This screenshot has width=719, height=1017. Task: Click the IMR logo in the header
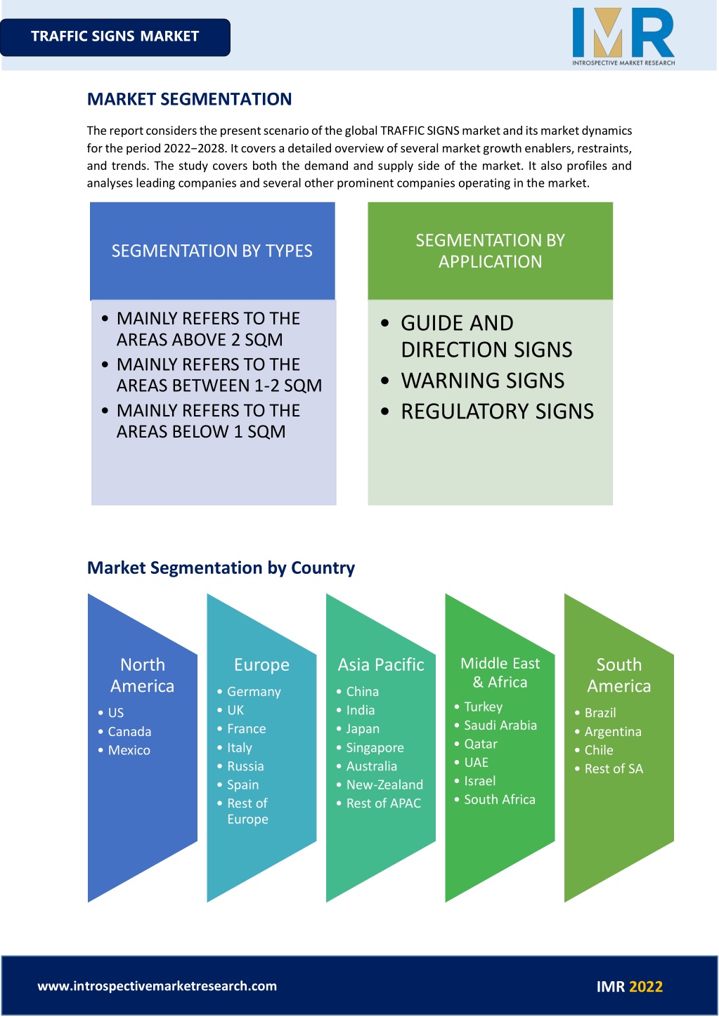click(x=623, y=37)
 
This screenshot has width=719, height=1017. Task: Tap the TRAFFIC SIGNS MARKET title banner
click(x=115, y=37)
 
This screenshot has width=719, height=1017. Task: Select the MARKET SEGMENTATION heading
click(x=189, y=99)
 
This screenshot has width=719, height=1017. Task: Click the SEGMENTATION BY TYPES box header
click(x=212, y=251)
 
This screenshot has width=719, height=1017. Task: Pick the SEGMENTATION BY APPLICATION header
click(x=490, y=251)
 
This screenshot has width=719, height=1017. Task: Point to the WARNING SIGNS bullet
click(x=482, y=381)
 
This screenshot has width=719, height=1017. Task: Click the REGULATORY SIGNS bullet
click(x=498, y=412)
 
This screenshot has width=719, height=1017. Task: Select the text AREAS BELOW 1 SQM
click(x=201, y=431)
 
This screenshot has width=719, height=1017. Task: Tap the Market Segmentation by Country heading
click(x=221, y=567)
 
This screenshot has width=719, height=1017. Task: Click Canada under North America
click(x=129, y=731)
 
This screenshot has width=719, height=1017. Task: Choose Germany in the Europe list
click(x=254, y=692)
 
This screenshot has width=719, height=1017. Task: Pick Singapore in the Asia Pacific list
click(x=375, y=747)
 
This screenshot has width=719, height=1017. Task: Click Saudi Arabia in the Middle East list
click(x=500, y=725)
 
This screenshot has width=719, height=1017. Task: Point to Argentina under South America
click(x=613, y=731)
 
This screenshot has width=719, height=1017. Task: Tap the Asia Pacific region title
click(x=381, y=664)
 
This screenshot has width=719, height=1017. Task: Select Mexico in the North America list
click(x=129, y=750)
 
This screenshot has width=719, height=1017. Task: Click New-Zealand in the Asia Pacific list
click(x=384, y=785)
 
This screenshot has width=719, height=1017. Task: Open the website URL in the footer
click(x=157, y=986)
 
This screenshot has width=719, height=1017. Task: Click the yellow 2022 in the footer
click(x=646, y=987)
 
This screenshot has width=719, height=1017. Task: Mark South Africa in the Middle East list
click(x=500, y=799)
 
